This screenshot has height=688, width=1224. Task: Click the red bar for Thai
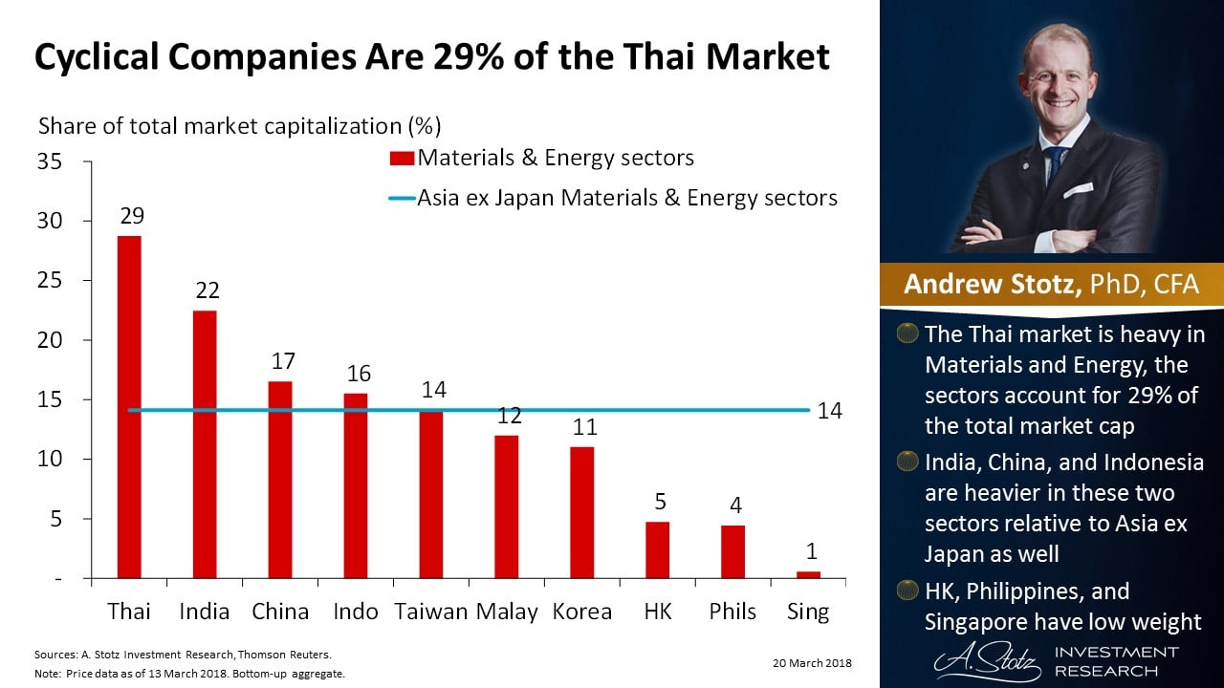[x=129, y=406]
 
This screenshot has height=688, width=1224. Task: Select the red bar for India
[x=205, y=444]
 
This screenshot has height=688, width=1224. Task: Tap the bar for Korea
[x=582, y=512]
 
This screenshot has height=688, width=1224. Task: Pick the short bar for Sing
[x=809, y=574]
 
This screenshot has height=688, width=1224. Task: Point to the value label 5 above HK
[x=660, y=502]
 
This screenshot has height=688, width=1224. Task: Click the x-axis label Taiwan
[x=430, y=612]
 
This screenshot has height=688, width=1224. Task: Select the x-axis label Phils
[x=733, y=612]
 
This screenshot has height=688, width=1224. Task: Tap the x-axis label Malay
[x=507, y=612]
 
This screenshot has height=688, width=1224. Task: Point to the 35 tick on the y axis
[x=51, y=161]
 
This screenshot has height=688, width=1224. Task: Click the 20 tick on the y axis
[x=51, y=340]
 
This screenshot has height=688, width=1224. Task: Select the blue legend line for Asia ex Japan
[x=401, y=199]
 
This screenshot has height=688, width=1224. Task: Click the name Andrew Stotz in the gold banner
[x=990, y=285]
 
